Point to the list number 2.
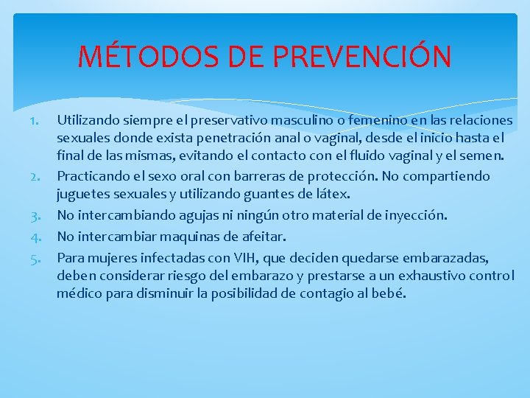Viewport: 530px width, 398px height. pos(41,177)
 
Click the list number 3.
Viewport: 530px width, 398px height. pos(41,215)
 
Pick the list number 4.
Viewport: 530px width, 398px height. pos(41,237)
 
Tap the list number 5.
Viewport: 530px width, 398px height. pos(41,258)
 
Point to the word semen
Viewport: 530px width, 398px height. pos(482,156)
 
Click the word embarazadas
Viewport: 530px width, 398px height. pos(446,258)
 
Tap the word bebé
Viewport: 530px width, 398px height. pos(389,293)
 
